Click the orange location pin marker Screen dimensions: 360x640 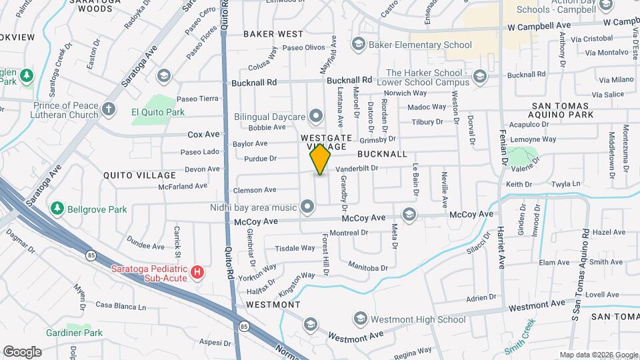coord(320,159)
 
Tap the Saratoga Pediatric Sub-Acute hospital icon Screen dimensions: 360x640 coord(197,272)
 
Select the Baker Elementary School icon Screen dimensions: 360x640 coord(359,45)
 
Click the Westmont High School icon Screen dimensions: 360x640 coord(360,319)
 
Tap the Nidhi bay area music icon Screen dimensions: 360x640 coord(307,206)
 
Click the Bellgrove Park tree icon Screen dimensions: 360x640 coord(58,209)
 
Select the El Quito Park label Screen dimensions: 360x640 coord(158,112)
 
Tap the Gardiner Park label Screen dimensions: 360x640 coord(74,333)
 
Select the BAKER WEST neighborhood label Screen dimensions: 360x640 coord(273,33)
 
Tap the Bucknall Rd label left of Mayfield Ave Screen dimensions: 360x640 coord(254,83)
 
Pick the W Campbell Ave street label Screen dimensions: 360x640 coord(539,25)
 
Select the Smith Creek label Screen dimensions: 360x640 coord(520,337)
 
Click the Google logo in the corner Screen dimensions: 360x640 coord(22,351)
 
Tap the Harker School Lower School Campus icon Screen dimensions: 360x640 coord(479,78)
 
